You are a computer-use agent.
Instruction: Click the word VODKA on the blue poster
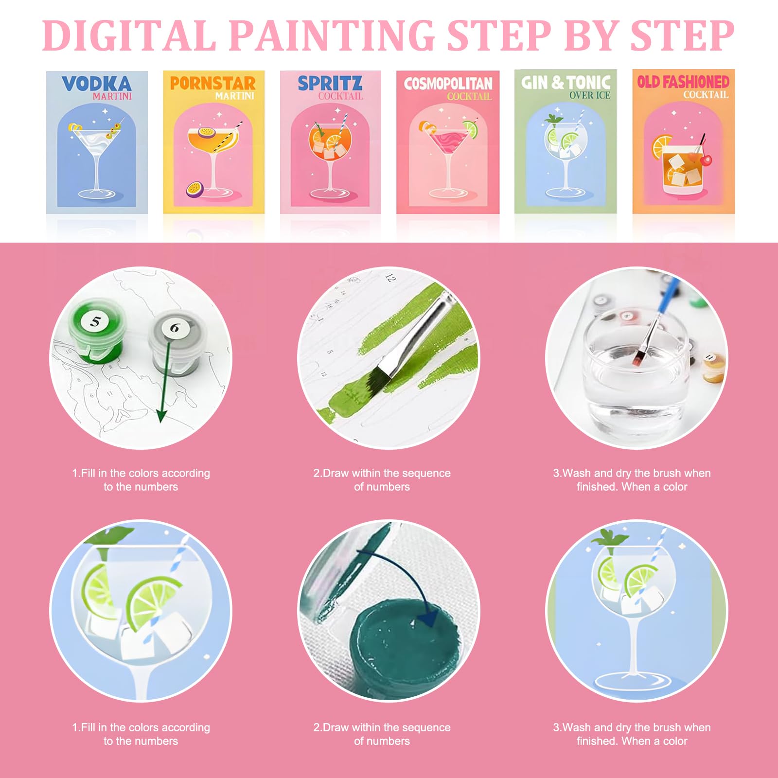click(96, 84)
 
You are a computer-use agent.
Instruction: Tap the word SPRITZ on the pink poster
click(330, 83)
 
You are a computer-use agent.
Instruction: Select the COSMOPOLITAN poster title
click(448, 84)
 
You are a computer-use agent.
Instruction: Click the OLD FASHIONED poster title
click(683, 82)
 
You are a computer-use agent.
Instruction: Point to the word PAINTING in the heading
click(332, 35)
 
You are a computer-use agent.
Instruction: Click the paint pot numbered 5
click(96, 331)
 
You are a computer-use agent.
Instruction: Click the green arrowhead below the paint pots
click(161, 416)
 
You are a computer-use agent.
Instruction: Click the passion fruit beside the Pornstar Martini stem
click(194, 188)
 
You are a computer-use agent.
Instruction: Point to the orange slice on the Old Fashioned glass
click(661, 145)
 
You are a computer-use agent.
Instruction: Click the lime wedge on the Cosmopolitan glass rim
click(470, 129)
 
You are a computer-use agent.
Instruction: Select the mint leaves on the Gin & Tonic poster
click(553, 119)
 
